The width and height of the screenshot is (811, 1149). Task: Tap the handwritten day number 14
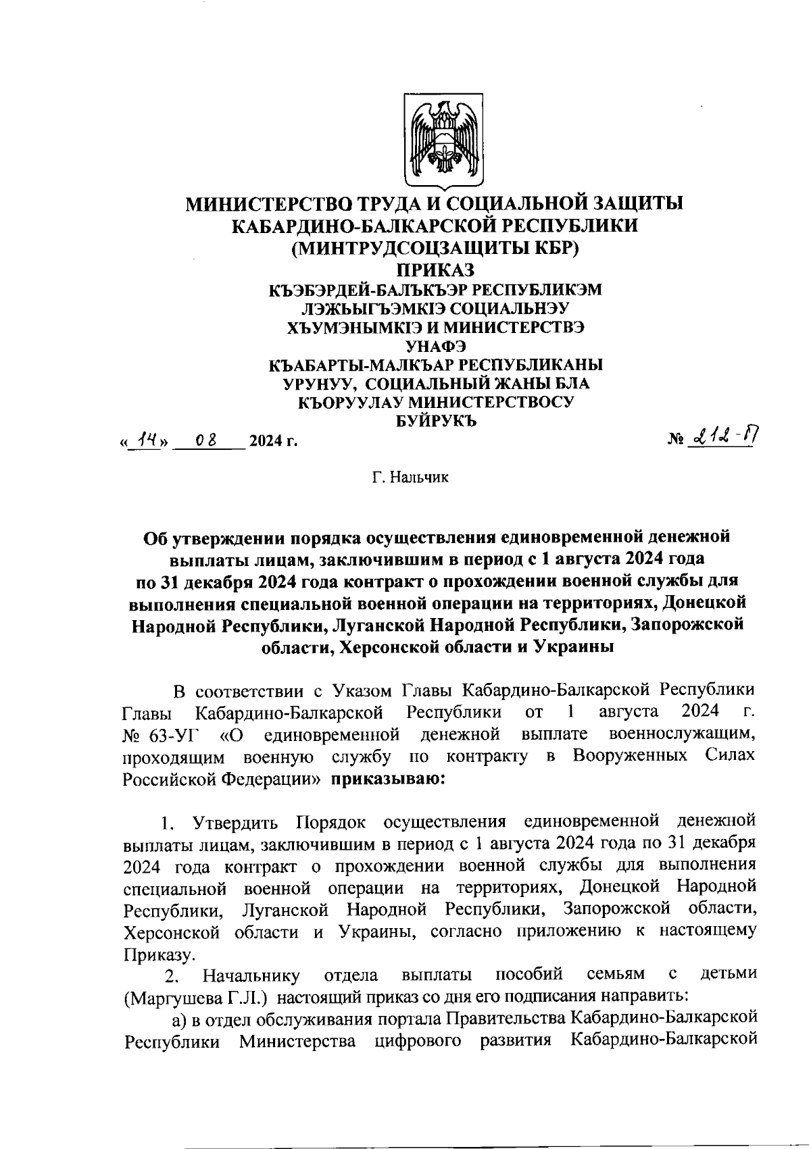143,440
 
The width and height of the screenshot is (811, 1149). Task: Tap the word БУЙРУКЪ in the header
435,422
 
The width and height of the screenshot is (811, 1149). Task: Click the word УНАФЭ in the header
435,347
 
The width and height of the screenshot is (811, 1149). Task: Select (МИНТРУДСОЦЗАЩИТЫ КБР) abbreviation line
435,249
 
